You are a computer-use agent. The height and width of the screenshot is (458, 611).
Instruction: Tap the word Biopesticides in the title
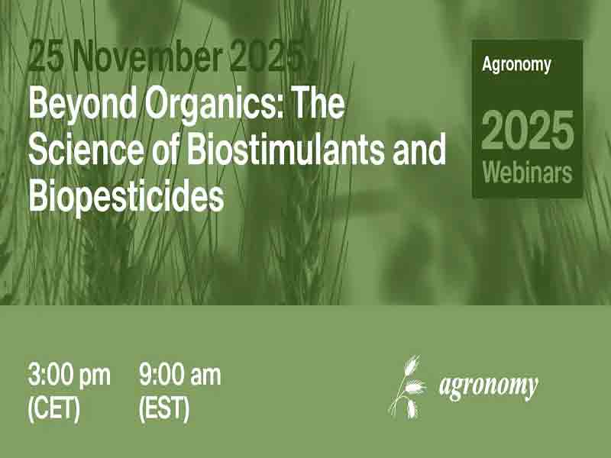point(126,196)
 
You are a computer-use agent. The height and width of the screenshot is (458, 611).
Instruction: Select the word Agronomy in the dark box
point(516,64)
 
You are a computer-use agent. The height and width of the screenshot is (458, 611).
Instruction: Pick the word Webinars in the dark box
point(527,172)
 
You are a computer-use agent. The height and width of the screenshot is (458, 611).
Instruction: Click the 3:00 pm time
point(69,376)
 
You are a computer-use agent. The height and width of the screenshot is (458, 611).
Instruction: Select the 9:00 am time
point(179,376)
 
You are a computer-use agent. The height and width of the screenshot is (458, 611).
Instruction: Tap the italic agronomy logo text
point(488,386)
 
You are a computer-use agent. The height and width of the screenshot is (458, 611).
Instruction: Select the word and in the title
point(417,150)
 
